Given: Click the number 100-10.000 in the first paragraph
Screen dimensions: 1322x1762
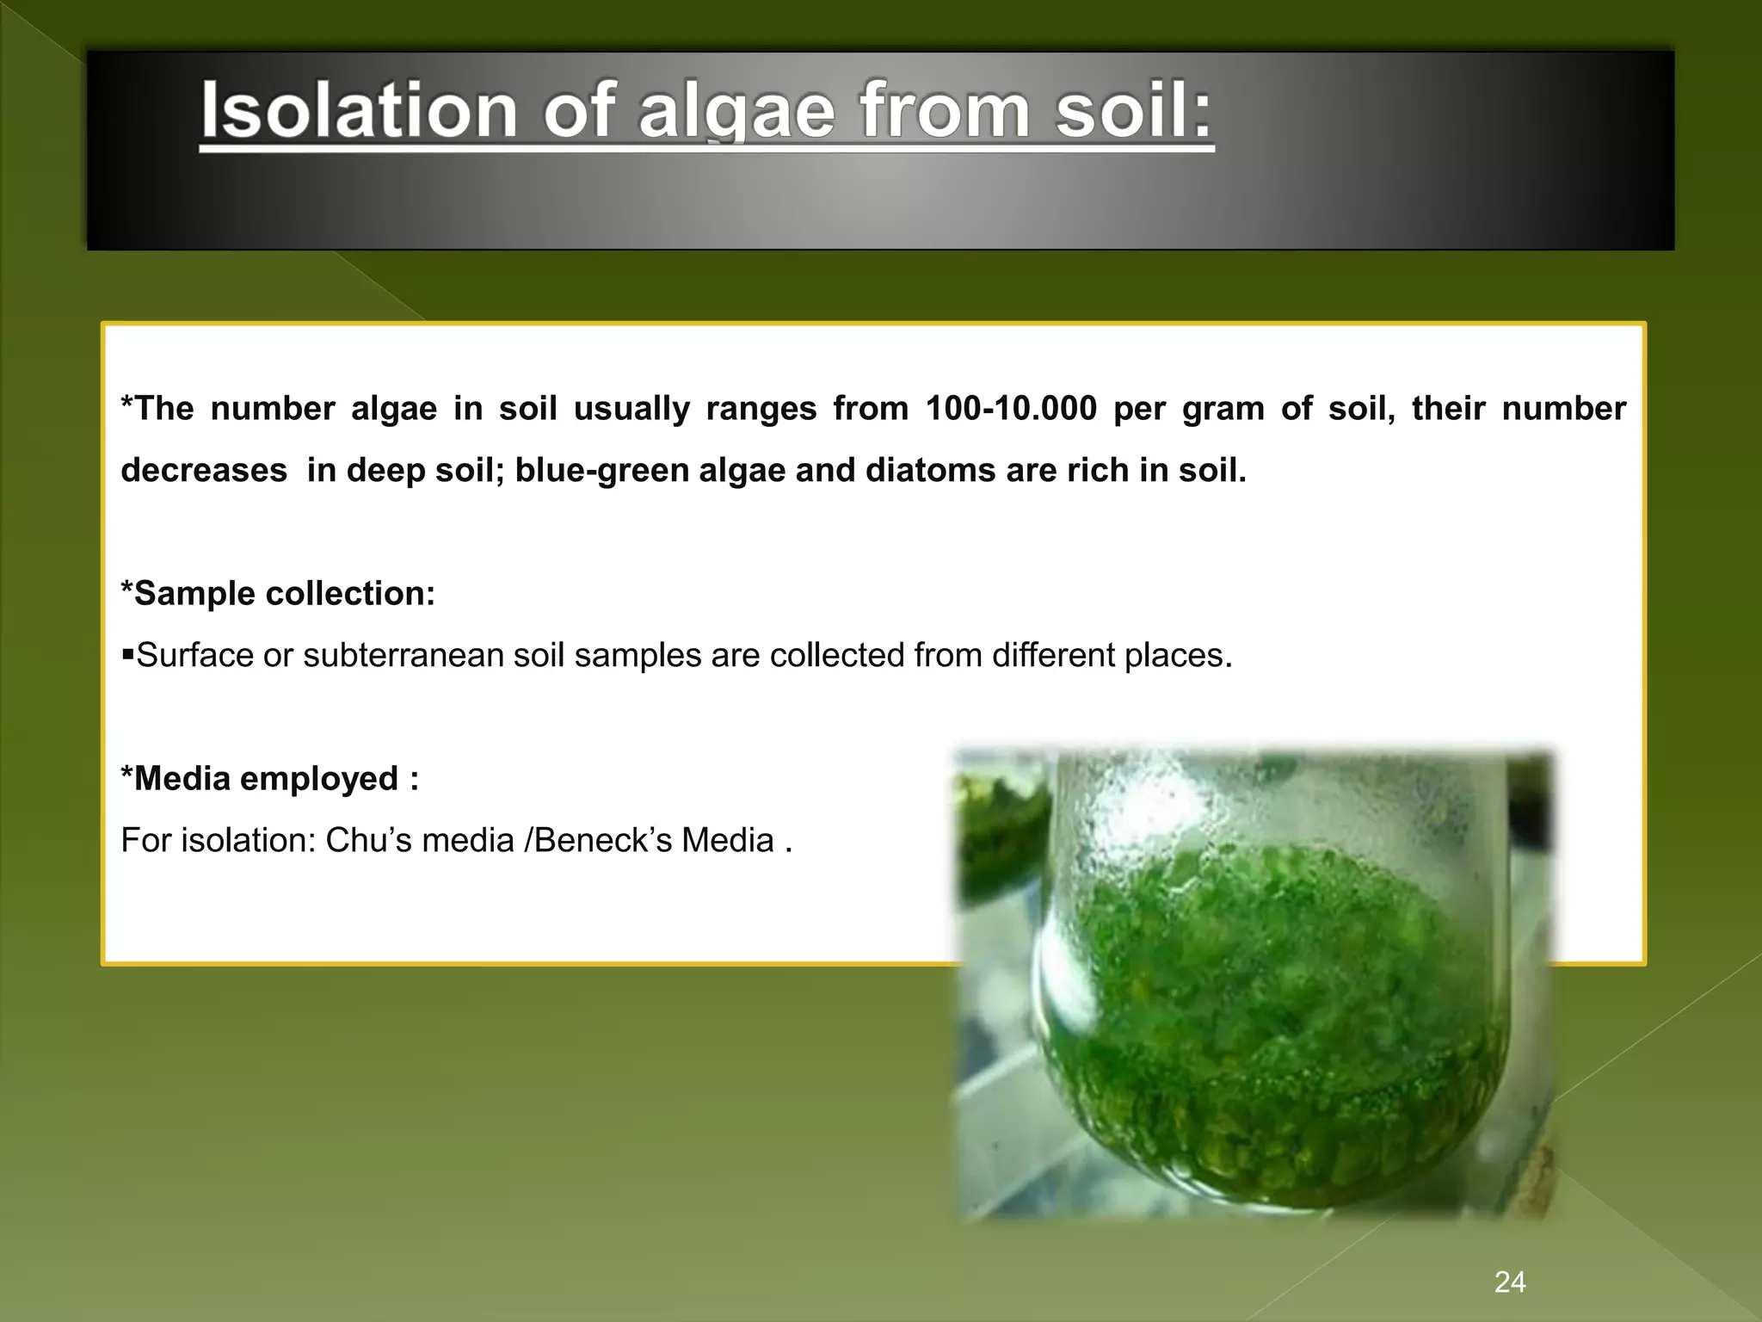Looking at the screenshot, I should point(1011,408).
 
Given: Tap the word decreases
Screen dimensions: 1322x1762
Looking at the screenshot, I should point(204,470).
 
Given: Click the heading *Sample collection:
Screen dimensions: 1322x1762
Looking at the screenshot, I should point(278,593).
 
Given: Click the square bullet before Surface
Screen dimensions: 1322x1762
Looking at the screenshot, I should point(128,656).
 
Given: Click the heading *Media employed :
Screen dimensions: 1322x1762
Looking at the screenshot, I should point(270,779).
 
